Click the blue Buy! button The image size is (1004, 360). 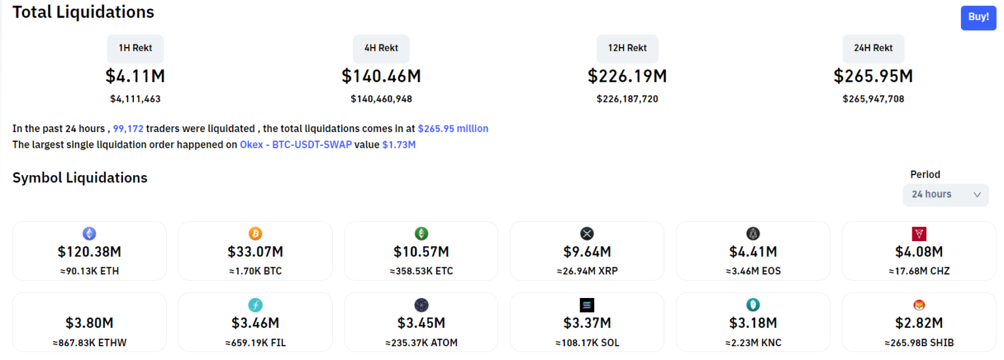978,18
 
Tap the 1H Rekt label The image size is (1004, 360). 135,48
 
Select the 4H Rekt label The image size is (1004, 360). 381,48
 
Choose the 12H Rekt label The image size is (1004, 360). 627,48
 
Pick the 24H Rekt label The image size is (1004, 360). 873,48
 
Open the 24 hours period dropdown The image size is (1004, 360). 945,195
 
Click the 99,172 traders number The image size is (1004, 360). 128,129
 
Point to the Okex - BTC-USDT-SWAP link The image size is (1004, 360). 295,144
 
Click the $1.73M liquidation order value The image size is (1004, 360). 399,144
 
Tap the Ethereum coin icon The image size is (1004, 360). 89,234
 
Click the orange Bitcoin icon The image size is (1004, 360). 255,234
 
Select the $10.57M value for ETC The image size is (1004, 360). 421,252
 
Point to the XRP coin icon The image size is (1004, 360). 587,234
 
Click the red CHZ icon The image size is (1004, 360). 919,234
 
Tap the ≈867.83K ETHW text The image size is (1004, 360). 89,342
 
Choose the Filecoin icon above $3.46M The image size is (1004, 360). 255,305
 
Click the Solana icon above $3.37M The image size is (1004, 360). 587,305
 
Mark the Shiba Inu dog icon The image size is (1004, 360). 919,305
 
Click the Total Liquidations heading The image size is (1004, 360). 84,12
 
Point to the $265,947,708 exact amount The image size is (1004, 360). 873,99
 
